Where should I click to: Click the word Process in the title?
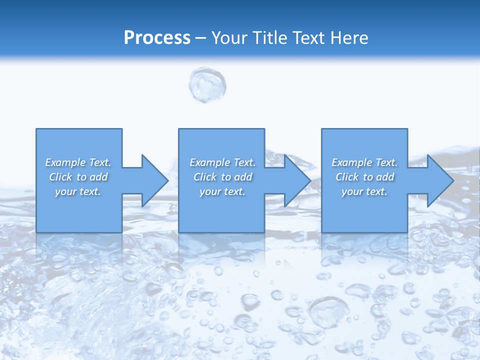pos(157,38)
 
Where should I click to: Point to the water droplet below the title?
pos(207,85)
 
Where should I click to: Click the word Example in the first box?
pos(65,162)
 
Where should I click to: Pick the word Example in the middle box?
pos(210,162)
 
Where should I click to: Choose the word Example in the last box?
pos(352,162)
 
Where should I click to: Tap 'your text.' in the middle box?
pos(222,191)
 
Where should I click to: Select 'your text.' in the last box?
pos(364,191)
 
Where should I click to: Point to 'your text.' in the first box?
pos(78,191)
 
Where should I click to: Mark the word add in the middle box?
pos(243,177)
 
